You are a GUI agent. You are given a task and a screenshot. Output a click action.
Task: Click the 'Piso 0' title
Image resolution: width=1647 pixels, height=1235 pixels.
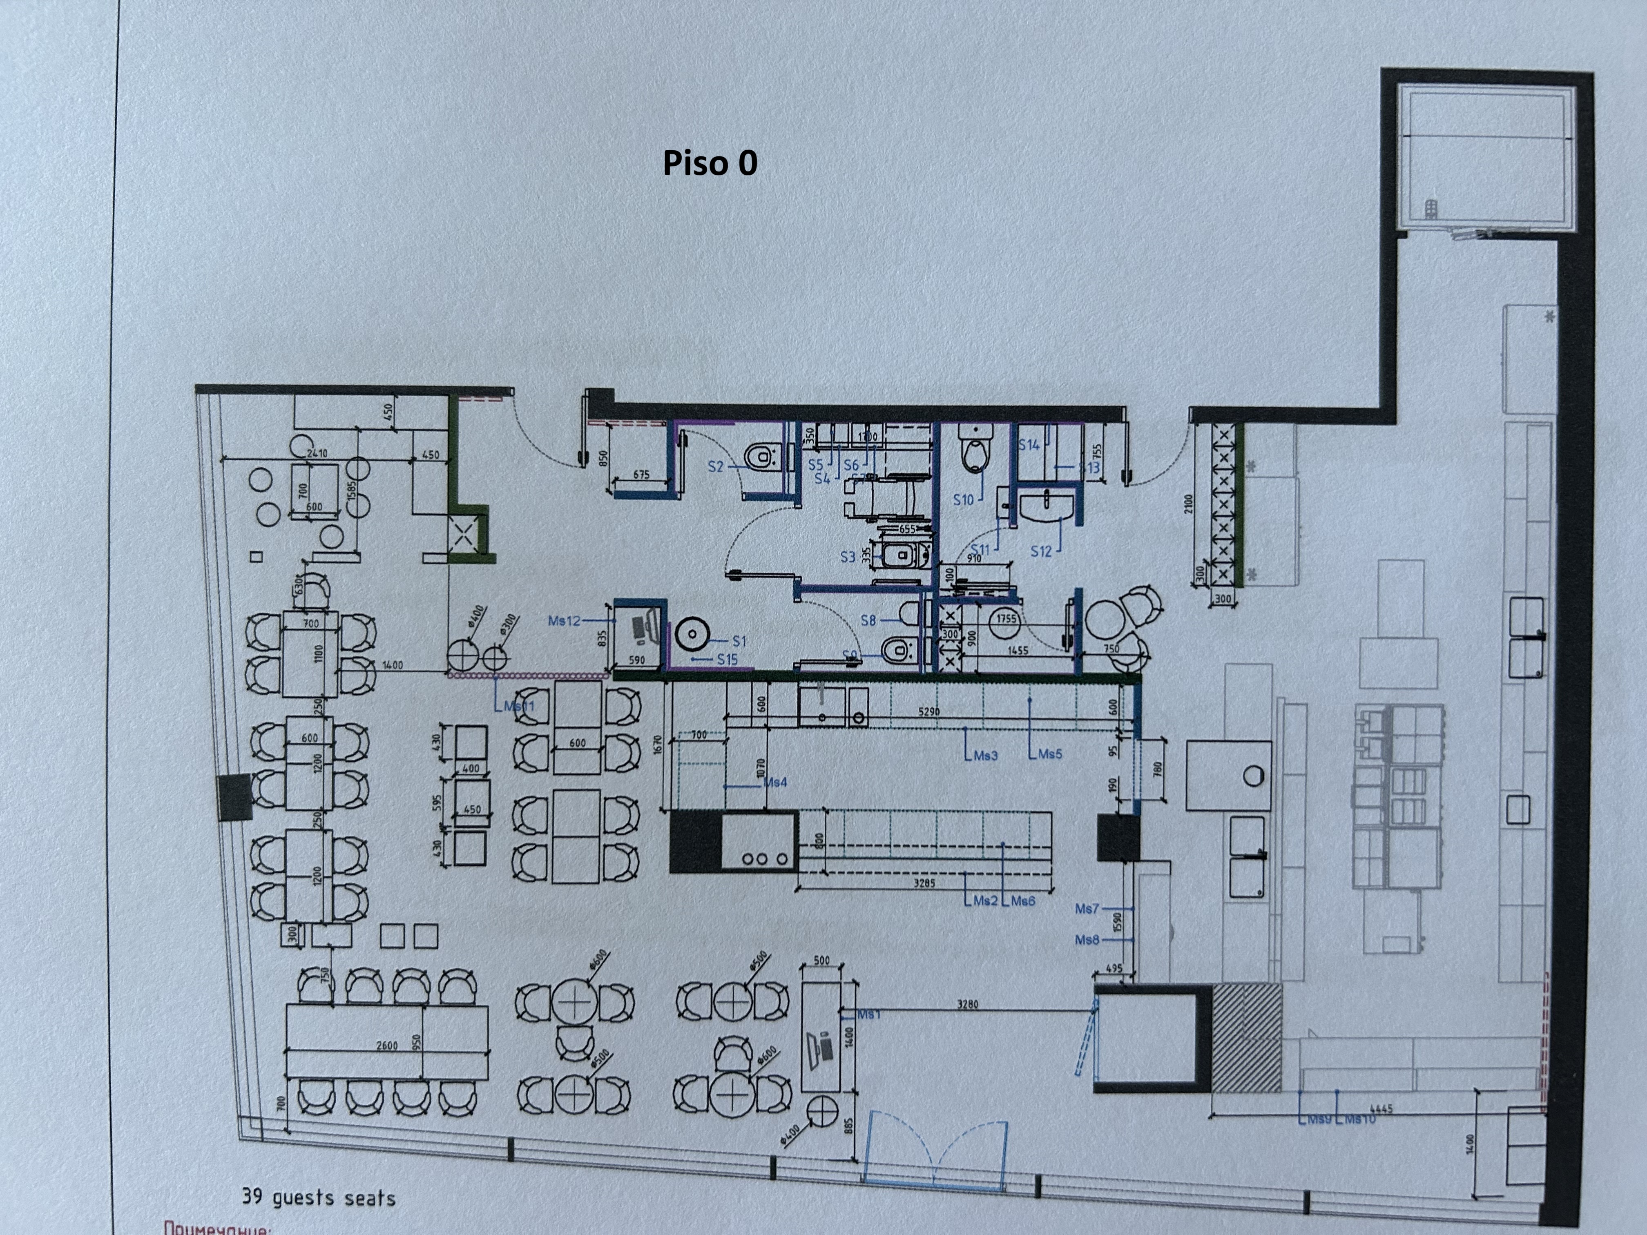click(710, 163)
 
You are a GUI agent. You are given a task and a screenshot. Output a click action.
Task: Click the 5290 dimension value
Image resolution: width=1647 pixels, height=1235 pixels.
click(928, 712)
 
